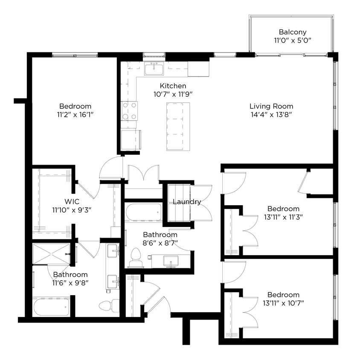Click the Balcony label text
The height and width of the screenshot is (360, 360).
[293, 32]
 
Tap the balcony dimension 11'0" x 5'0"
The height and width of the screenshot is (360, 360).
[293, 41]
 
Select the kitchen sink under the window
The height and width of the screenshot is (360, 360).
[154, 68]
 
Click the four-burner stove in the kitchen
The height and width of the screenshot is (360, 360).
[130, 110]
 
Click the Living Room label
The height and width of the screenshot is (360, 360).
[271, 106]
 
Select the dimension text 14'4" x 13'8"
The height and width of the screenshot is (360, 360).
[271, 114]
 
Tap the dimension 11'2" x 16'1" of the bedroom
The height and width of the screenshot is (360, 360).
[75, 114]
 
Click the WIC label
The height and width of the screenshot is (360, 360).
[72, 201]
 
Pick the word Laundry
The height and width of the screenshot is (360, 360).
[187, 202]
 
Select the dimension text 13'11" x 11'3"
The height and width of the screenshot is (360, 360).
[283, 217]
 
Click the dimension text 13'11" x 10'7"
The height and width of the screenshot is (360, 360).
[283, 303]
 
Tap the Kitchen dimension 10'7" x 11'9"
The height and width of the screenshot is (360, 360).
[173, 94]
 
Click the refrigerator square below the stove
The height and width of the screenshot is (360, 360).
[131, 139]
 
